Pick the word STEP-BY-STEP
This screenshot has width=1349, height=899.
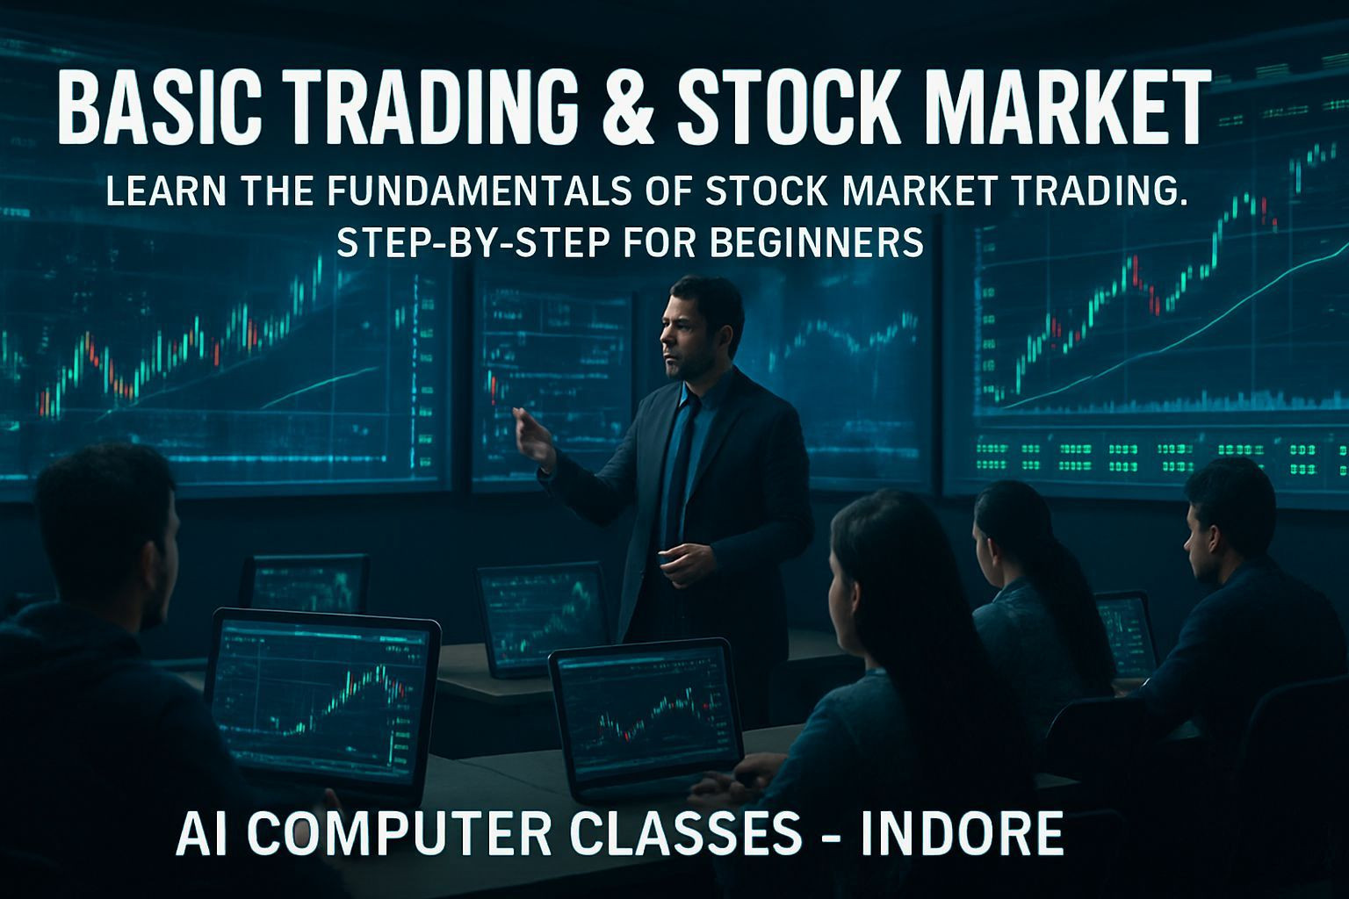coord(468,242)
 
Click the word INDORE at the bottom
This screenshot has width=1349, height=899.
coord(961,833)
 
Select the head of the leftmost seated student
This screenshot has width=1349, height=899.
coord(105,530)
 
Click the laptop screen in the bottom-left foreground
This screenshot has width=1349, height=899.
coord(322,695)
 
